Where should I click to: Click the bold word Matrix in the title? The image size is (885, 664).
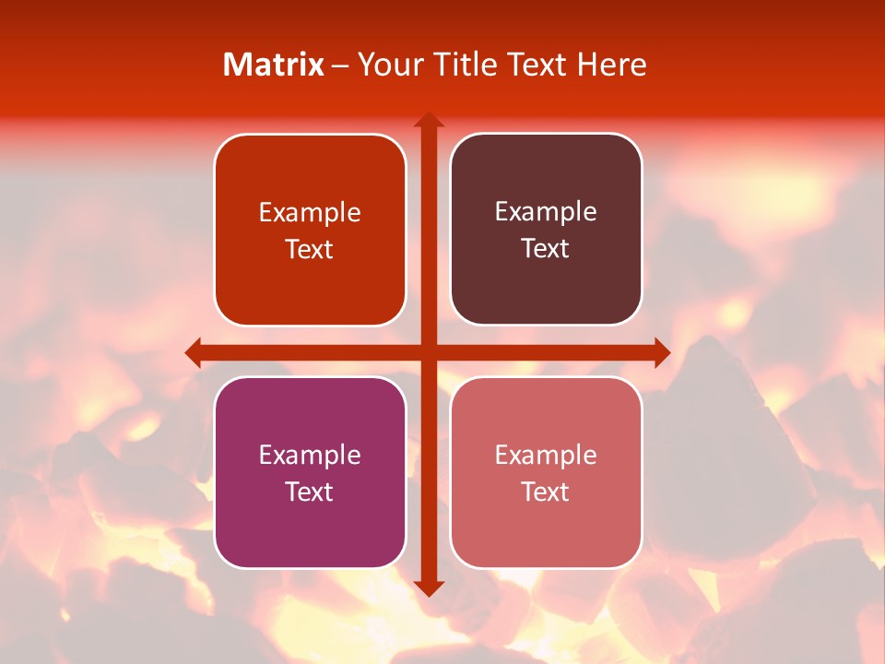tap(274, 65)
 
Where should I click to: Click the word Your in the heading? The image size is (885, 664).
tap(389, 65)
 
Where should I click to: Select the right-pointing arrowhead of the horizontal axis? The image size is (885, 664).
tap(661, 352)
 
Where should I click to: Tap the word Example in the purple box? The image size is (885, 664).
tap(310, 455)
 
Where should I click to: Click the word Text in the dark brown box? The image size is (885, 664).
tap(546, 249)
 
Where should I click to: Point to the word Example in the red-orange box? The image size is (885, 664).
tap(310, 212)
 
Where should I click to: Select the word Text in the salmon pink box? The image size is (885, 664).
tap(546, 492)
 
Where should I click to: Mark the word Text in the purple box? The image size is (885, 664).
tap(310, 492)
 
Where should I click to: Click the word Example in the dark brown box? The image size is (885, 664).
tap(546, 211)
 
